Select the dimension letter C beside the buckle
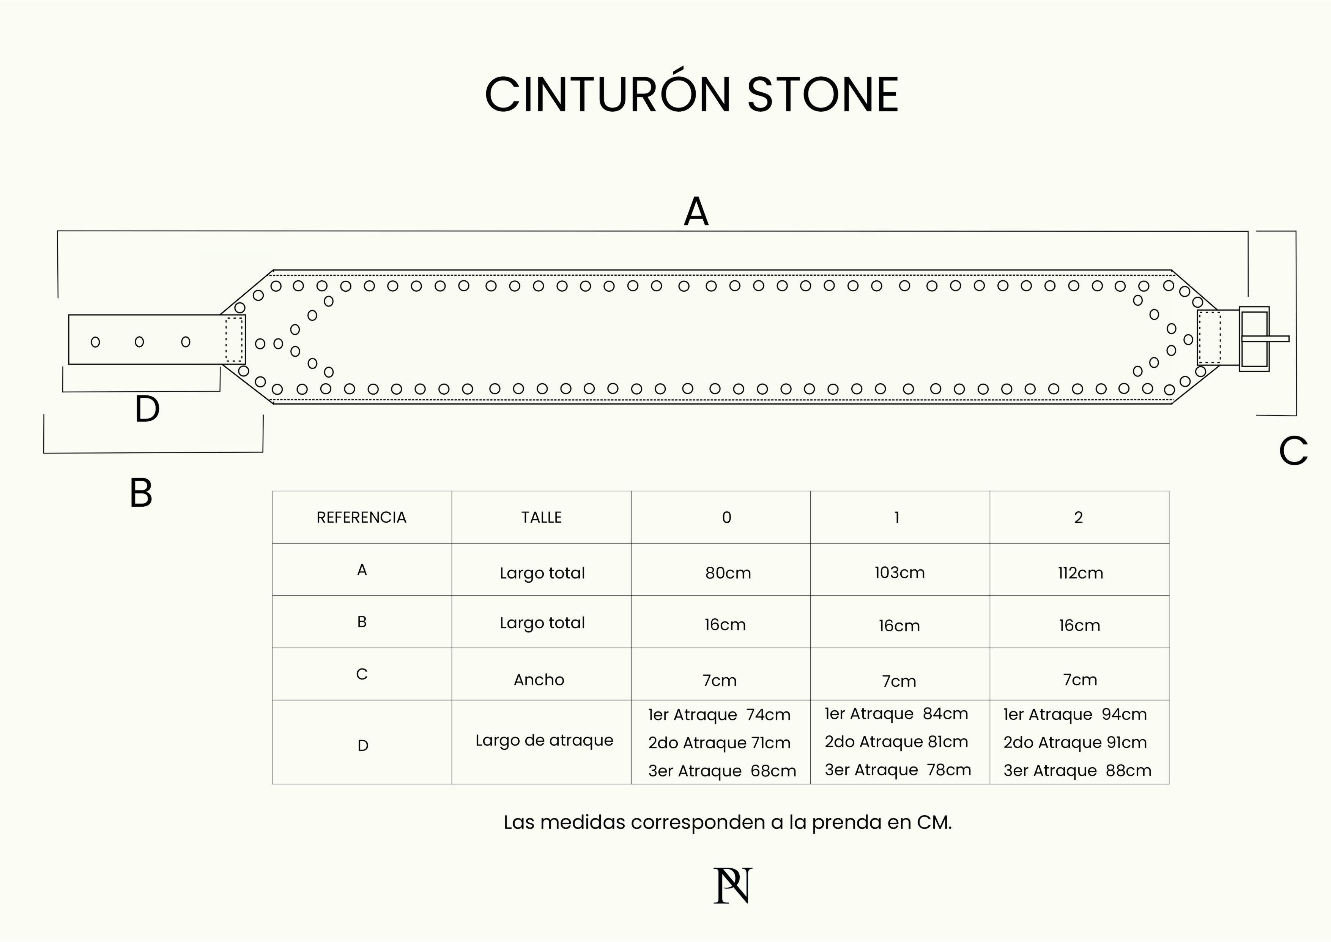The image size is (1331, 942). (1293, 451)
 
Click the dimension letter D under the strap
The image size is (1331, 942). (147, 409)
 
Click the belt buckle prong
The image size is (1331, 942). (1265, 339)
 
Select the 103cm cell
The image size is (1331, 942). (900, 572)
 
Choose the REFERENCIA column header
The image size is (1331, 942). (361, 517)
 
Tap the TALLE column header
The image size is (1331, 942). (542, 517)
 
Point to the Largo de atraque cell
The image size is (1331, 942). (544, 741)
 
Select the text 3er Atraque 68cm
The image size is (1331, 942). (722, 771)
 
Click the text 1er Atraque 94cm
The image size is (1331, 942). (1075, 714)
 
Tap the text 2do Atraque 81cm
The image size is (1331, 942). (896, 742)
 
